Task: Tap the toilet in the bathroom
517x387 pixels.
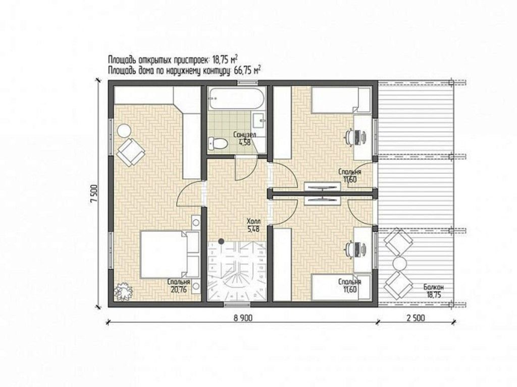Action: [218, 143]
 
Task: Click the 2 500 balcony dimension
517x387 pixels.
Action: [416, 318]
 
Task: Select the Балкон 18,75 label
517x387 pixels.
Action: [434, 291]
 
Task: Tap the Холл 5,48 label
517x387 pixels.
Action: [253, 225]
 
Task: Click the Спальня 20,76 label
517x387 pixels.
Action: [179, 286]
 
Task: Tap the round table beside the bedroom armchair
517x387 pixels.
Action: [124, 131]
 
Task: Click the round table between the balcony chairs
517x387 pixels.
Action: [399, 263]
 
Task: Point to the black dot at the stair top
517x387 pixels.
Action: [222, 241]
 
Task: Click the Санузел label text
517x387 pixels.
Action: [245, 135]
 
